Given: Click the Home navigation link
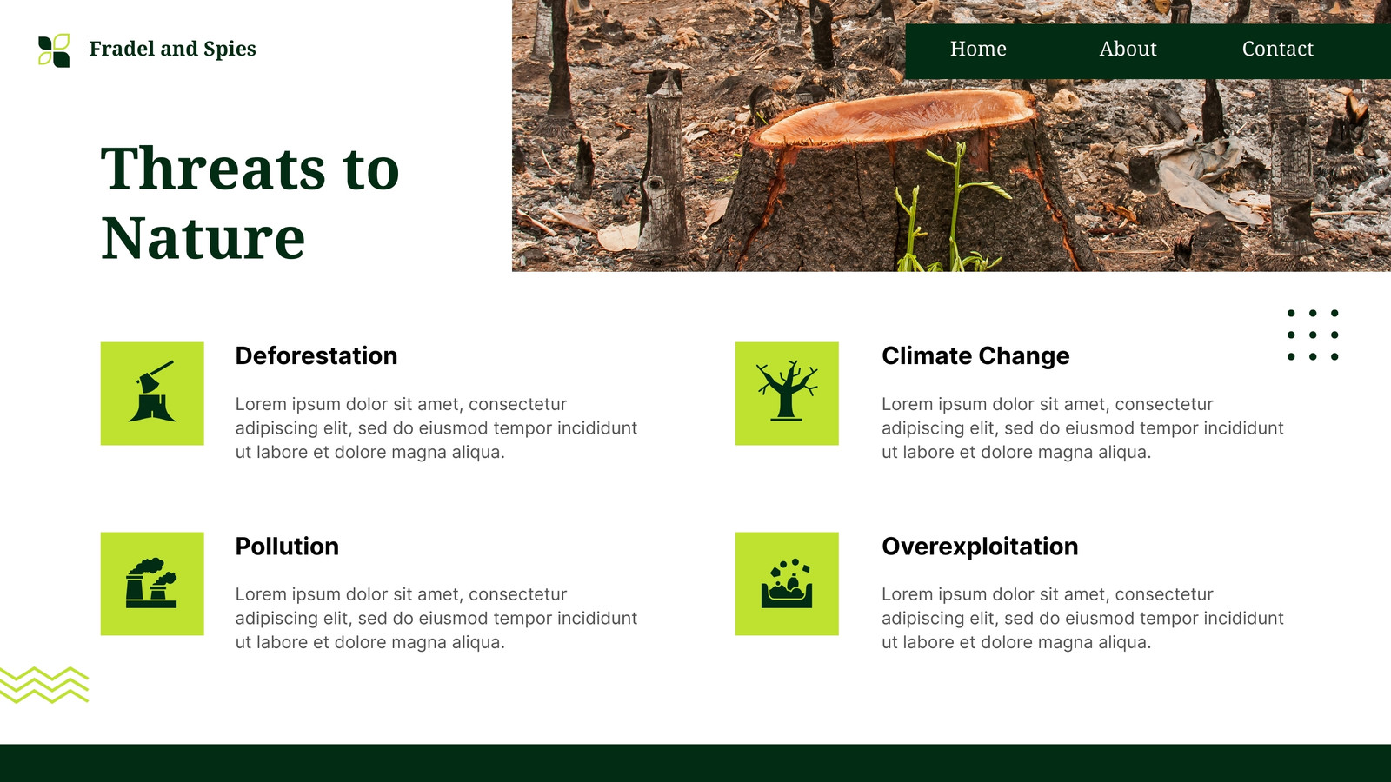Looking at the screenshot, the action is point(978,49).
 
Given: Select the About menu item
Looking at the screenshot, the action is point(1128,49).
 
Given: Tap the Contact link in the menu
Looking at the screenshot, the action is point(1277,49).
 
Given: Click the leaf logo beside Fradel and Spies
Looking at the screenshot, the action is point(54,50).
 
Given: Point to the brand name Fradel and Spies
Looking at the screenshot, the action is point(172,49).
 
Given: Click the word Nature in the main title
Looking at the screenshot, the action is point(203,238).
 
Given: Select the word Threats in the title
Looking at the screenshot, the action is point(212,168).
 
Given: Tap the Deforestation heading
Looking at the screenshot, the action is point(316,355).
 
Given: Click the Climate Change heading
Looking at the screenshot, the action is point(975,356).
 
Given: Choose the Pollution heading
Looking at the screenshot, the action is point(287,547).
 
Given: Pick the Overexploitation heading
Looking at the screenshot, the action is point(980,547).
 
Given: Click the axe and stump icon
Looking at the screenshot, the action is point(152,392).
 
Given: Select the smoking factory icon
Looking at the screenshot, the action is point(151,583).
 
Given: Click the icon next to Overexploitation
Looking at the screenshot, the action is point(787,583).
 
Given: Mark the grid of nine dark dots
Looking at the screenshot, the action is point(1313,335).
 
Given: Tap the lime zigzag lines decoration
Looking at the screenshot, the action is point(44,686).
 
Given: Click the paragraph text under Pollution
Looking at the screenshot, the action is point(436,618).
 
